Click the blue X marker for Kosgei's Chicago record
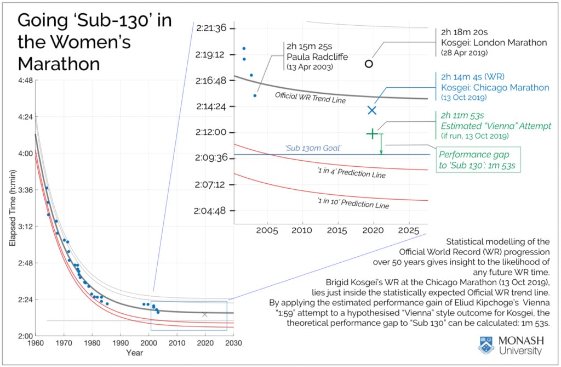[372, 110]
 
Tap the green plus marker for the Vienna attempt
[372, 133]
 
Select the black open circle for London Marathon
[369, 64]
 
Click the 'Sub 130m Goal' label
[313, 148]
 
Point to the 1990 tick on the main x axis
[120, 343]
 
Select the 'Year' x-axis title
[134, 353]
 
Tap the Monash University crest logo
[485, 345]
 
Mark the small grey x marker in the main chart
[205, 314]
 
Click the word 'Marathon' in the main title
[59, 64]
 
